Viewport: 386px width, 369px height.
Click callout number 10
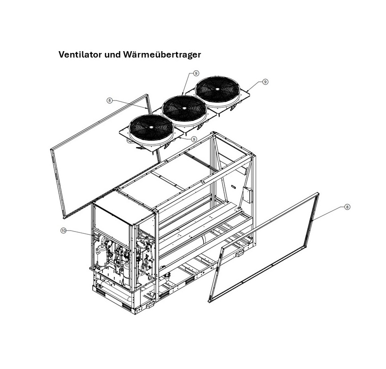pos(64,231)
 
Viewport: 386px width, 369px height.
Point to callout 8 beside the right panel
pos(347,207)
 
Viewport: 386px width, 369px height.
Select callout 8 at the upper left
pos(109,100)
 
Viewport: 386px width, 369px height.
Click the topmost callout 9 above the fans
pos(196,73)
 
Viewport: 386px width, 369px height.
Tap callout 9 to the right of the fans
pos(265,82)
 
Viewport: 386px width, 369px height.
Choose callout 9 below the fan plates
pos(194,139)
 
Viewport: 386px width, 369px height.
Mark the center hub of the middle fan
pos(184,109)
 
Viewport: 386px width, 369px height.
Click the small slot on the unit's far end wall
pos(233,187)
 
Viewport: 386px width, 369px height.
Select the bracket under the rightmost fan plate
pos(234,108)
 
